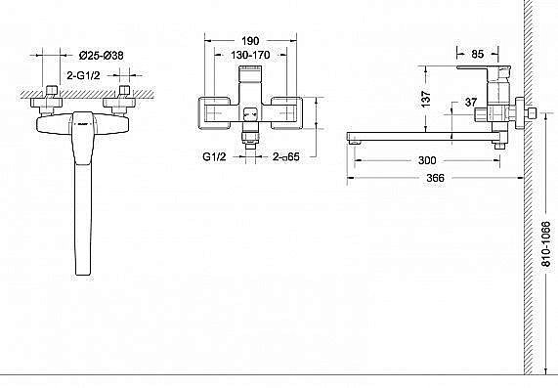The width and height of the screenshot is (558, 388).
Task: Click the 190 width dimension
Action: pos(250,41)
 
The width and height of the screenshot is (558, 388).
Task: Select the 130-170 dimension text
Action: pos(250,55)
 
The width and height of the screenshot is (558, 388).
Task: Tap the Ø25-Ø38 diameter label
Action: pos(101,56)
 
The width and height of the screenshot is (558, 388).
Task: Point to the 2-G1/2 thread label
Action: pos(84,75)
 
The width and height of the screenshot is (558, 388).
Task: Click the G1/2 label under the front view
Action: pos(214,156)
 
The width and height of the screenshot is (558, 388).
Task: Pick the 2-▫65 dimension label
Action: pos(286,156)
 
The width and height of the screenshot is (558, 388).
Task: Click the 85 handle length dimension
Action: pos(478,54)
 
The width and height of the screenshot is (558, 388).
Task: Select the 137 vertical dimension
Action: pos(426,99)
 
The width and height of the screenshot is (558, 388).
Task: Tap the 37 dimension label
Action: pos(471,103)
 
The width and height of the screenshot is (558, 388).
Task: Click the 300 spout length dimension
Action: pos(427,160)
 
